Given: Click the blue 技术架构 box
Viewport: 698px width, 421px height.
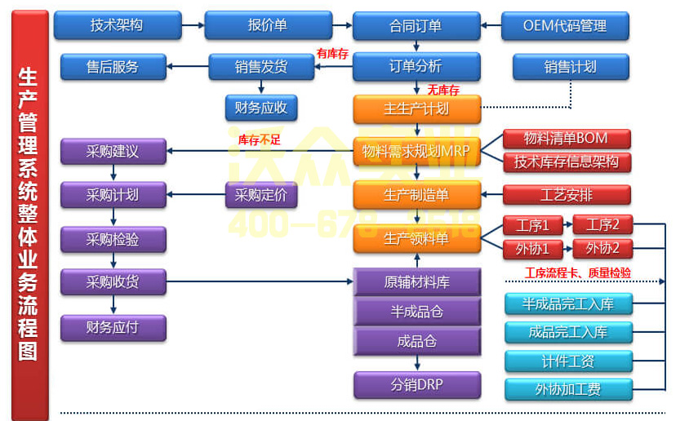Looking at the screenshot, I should [117, 25].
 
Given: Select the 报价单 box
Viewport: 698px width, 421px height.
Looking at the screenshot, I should [268, 25].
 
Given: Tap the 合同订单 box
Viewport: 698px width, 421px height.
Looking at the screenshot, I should [416, 25].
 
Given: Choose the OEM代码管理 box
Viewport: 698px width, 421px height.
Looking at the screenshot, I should [565, 25].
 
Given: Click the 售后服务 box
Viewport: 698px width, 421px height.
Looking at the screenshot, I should [113, 67].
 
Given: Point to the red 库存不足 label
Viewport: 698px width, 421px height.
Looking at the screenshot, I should [259, 140].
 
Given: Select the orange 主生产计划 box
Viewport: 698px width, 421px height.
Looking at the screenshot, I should [416, 109].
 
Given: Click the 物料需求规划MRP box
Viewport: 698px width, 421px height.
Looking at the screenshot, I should [416, 152].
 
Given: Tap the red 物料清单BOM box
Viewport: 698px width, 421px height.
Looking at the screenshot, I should [566, 138].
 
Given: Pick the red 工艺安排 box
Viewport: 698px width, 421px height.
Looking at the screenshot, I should [566, 195].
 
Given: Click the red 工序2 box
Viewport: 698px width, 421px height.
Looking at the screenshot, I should [602, 225].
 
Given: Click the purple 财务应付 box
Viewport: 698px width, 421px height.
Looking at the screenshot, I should [113, 327].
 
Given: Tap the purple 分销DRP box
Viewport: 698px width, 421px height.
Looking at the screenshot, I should [416, 384].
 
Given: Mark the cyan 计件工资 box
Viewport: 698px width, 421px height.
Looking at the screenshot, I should [568, 361].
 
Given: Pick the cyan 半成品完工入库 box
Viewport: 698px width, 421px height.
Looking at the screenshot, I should [568, 304].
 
